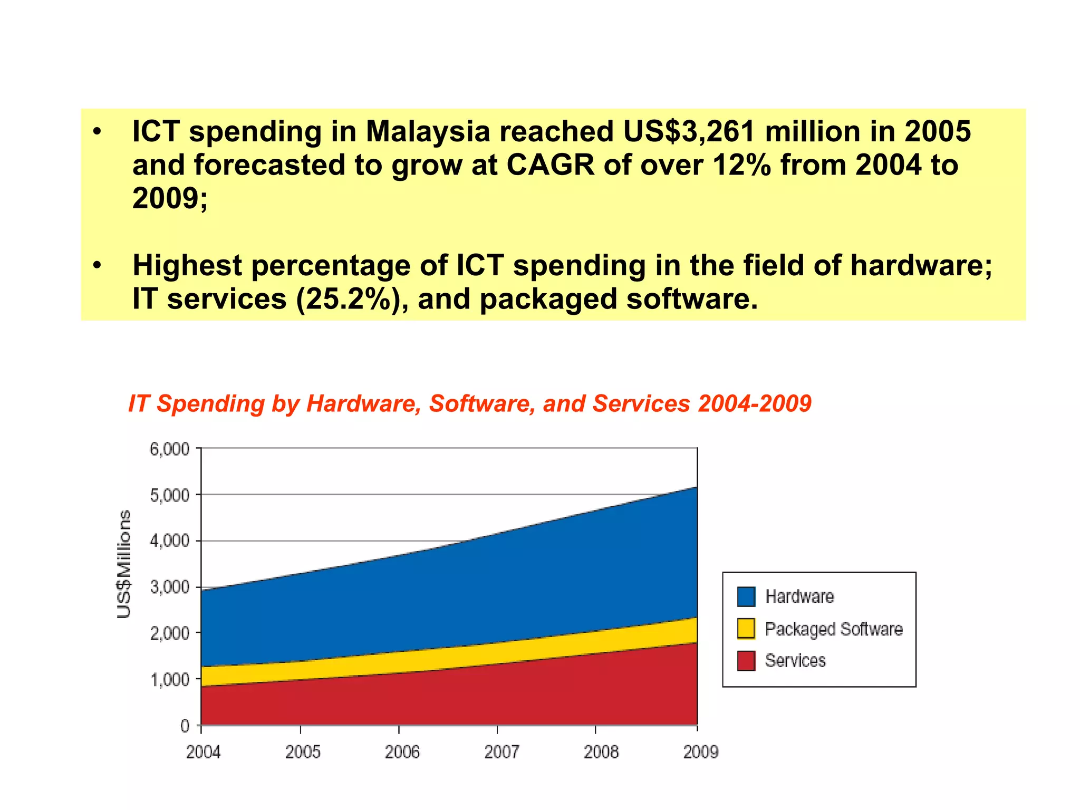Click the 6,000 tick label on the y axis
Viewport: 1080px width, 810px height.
coord(169,449)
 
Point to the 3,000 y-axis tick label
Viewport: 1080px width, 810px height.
coord(169,587)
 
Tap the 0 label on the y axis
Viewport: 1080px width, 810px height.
coord(185,726)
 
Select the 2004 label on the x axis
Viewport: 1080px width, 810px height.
coord(203,751)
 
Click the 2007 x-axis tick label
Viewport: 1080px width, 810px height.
coord(502,751)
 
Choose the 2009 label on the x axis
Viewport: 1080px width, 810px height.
coord(700,751)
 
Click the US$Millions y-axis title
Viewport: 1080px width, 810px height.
coord(124,564)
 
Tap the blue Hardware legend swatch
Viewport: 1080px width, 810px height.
coord(746,596)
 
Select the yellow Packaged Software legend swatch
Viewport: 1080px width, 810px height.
coord(746,629)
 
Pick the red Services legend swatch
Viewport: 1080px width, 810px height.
coord(746,661)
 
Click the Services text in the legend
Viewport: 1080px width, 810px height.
coord(795,661)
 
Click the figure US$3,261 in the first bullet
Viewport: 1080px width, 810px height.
coord(689,131)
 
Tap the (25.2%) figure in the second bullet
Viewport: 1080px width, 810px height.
coord(352,299)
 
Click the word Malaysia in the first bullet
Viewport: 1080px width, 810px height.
coord(428,131)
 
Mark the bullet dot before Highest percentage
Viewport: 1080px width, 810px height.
coord(97,265)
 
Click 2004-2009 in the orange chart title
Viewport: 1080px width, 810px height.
coord(755,403)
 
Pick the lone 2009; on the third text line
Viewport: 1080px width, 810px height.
coord(170,199)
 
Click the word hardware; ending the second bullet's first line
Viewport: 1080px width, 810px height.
coord(921,265)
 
